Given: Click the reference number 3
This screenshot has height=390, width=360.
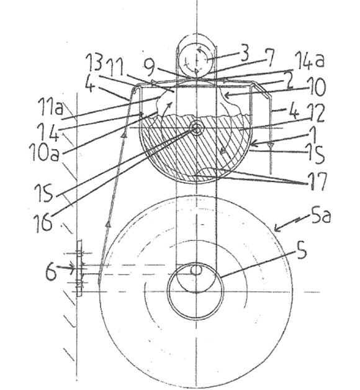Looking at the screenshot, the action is pos(245,53).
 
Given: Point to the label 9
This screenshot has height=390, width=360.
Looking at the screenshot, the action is pos(151,66).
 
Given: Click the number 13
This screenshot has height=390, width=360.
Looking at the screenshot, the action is pos(94,63).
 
